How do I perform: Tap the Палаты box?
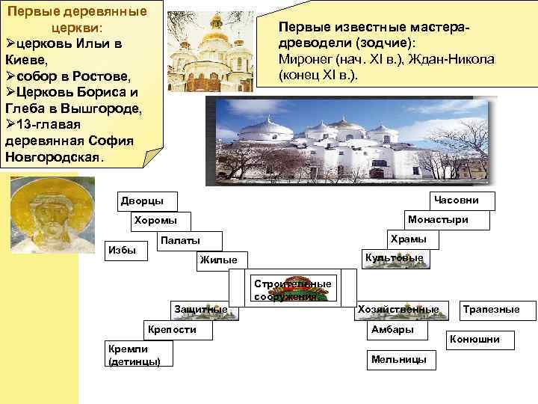tap(180, 240)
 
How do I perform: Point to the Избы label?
tap(123, 250)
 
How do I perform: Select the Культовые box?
tap(394, 258)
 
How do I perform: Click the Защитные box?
tap(200, 309)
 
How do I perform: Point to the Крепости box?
tap(173, 329)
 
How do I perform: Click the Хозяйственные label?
tap(399, 309)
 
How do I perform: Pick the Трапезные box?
tap(491, 309)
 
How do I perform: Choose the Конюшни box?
tap(474, 340)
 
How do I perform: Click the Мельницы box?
tap(398, 360)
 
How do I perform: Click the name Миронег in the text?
tap(305, 58)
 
